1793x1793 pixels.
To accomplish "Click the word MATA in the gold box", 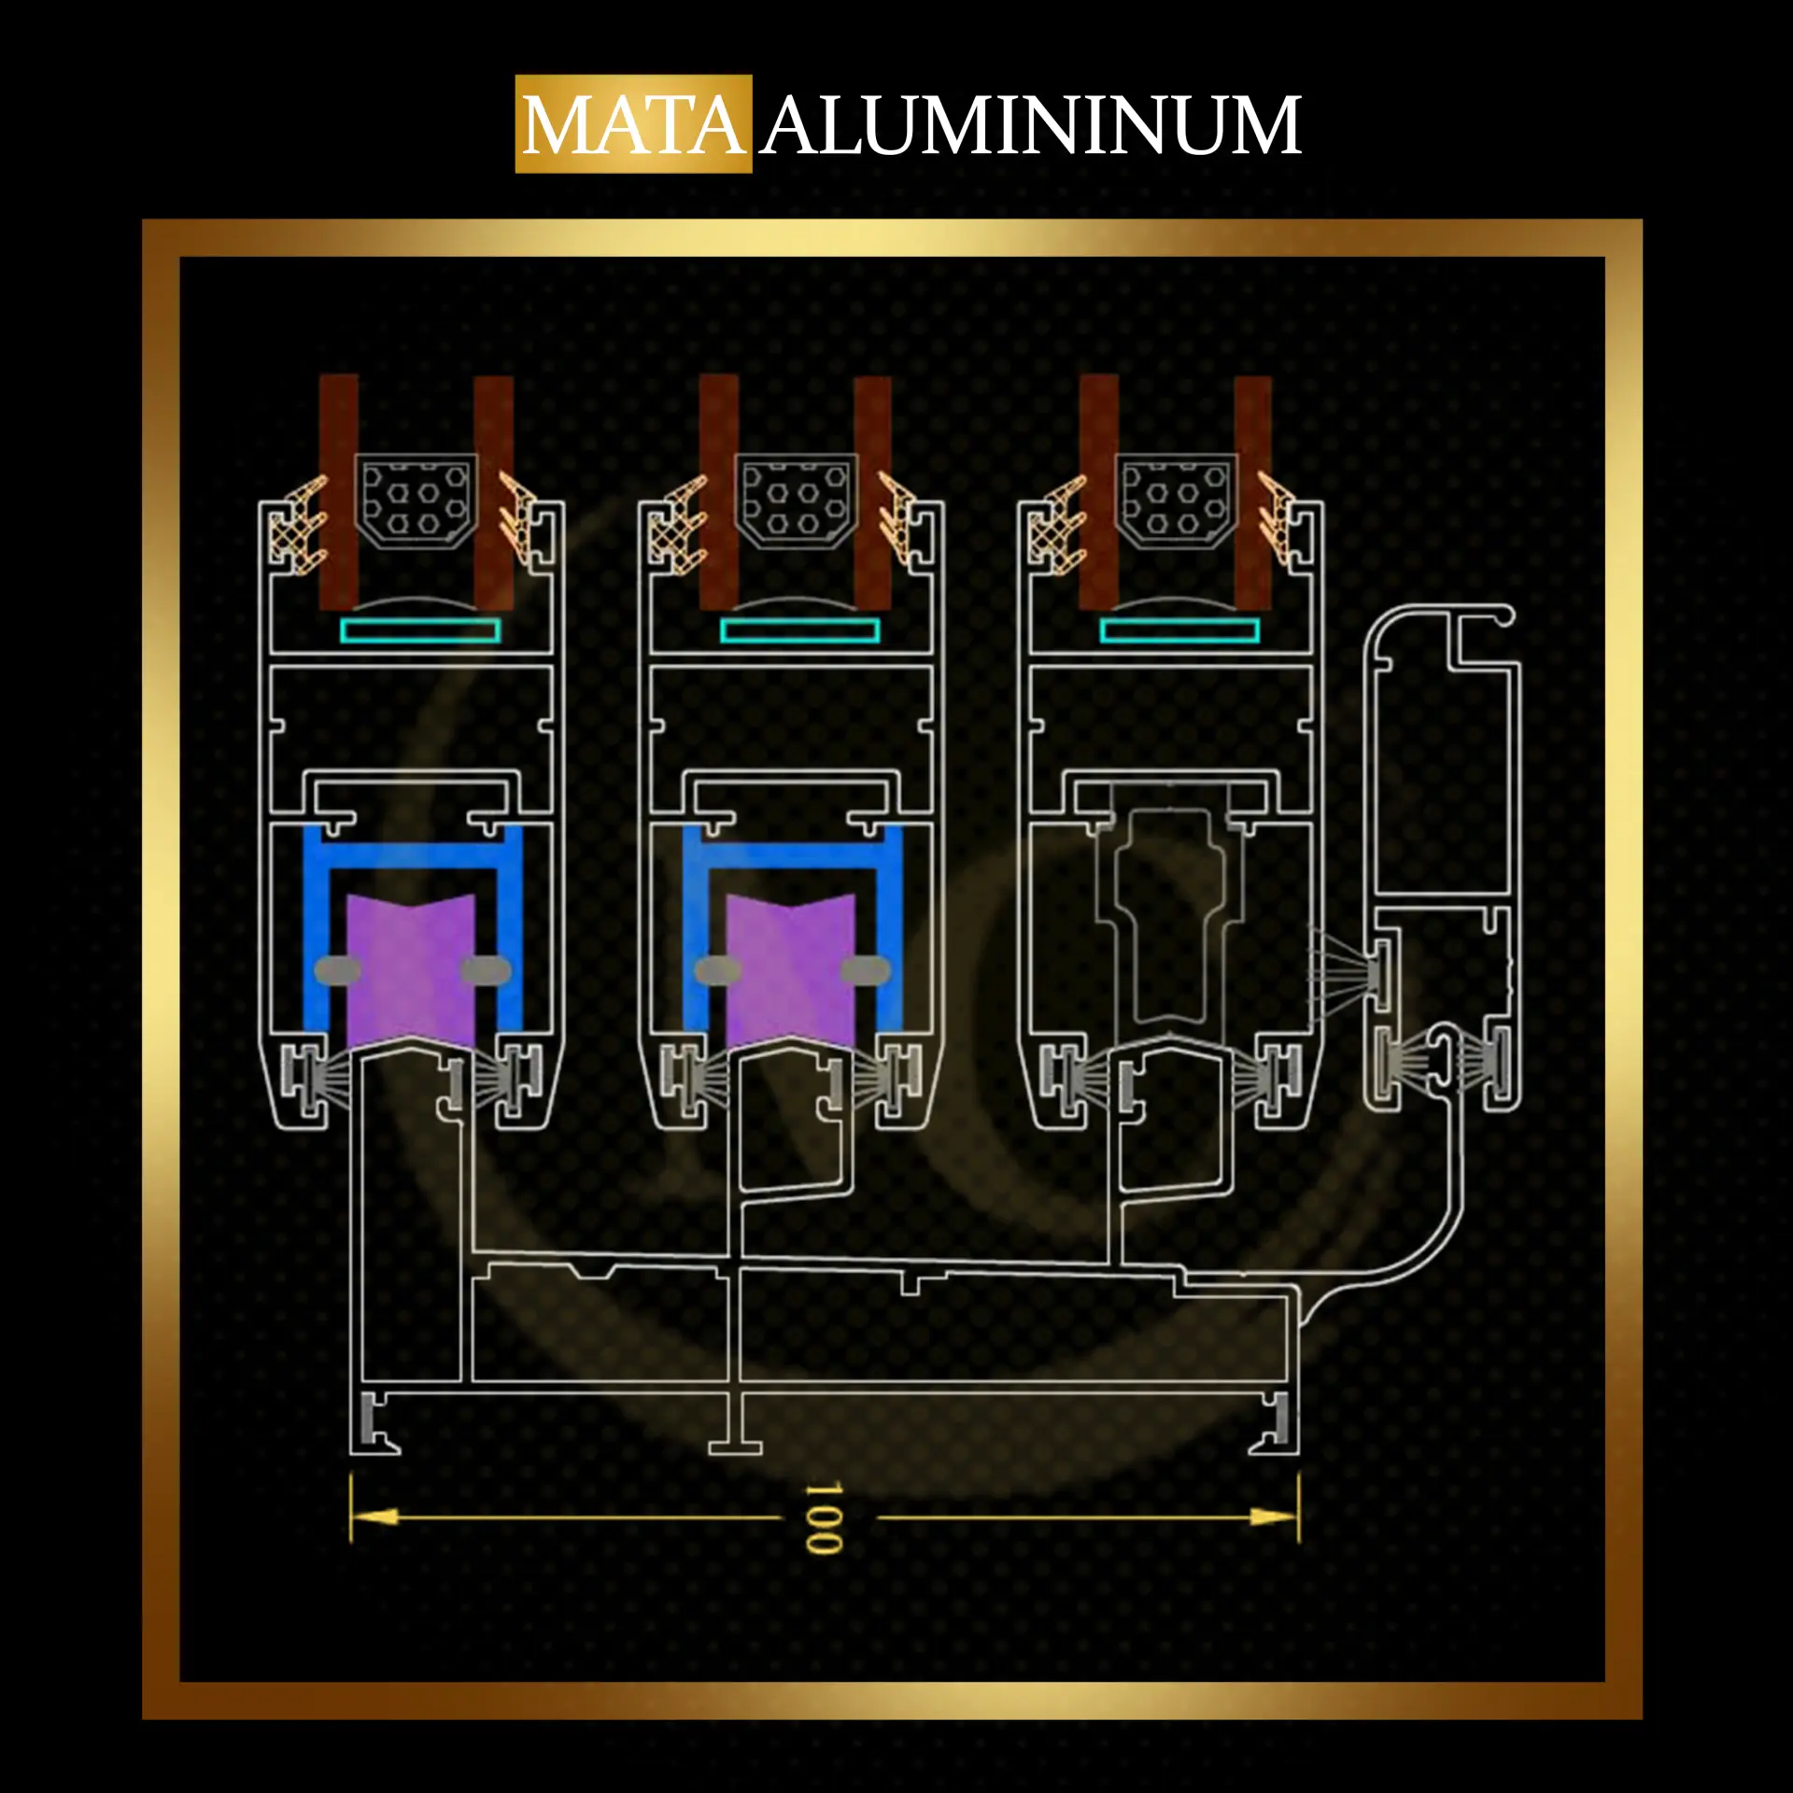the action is click(x=634, y=125).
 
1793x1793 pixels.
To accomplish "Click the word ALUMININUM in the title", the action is click(x=1031, y=125).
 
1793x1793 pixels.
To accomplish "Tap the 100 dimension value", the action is click(x=824, y=1518).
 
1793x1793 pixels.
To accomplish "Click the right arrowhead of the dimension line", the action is click(x=1274, y=1517).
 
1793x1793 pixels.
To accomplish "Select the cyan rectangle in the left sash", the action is click(x=419, y=631).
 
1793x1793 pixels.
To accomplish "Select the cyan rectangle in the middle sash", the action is click(x=799, y=631).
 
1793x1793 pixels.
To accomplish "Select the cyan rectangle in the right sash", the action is click(x=1179, y=631).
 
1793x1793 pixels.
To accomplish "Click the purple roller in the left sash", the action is click(x=411, y=971).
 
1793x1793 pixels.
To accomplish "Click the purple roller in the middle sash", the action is click(x=790, y=971).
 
